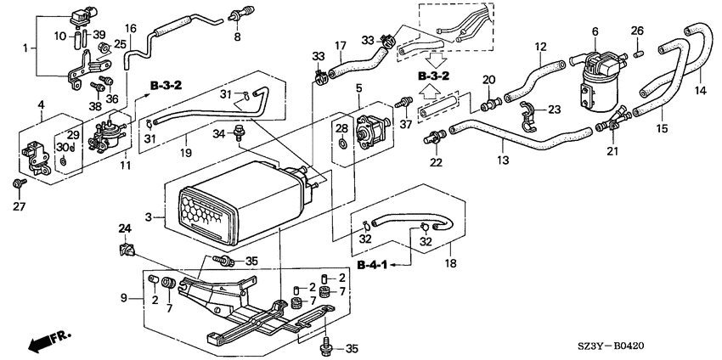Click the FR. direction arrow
48,340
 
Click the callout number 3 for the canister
149,217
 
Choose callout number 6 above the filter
595,31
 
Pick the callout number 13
504,160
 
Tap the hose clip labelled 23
527,115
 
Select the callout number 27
20,205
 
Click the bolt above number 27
20,183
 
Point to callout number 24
125,228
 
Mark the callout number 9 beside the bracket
123,298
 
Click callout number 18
450,263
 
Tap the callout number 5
358,87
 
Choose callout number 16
130,28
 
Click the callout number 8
237,37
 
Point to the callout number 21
612,150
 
